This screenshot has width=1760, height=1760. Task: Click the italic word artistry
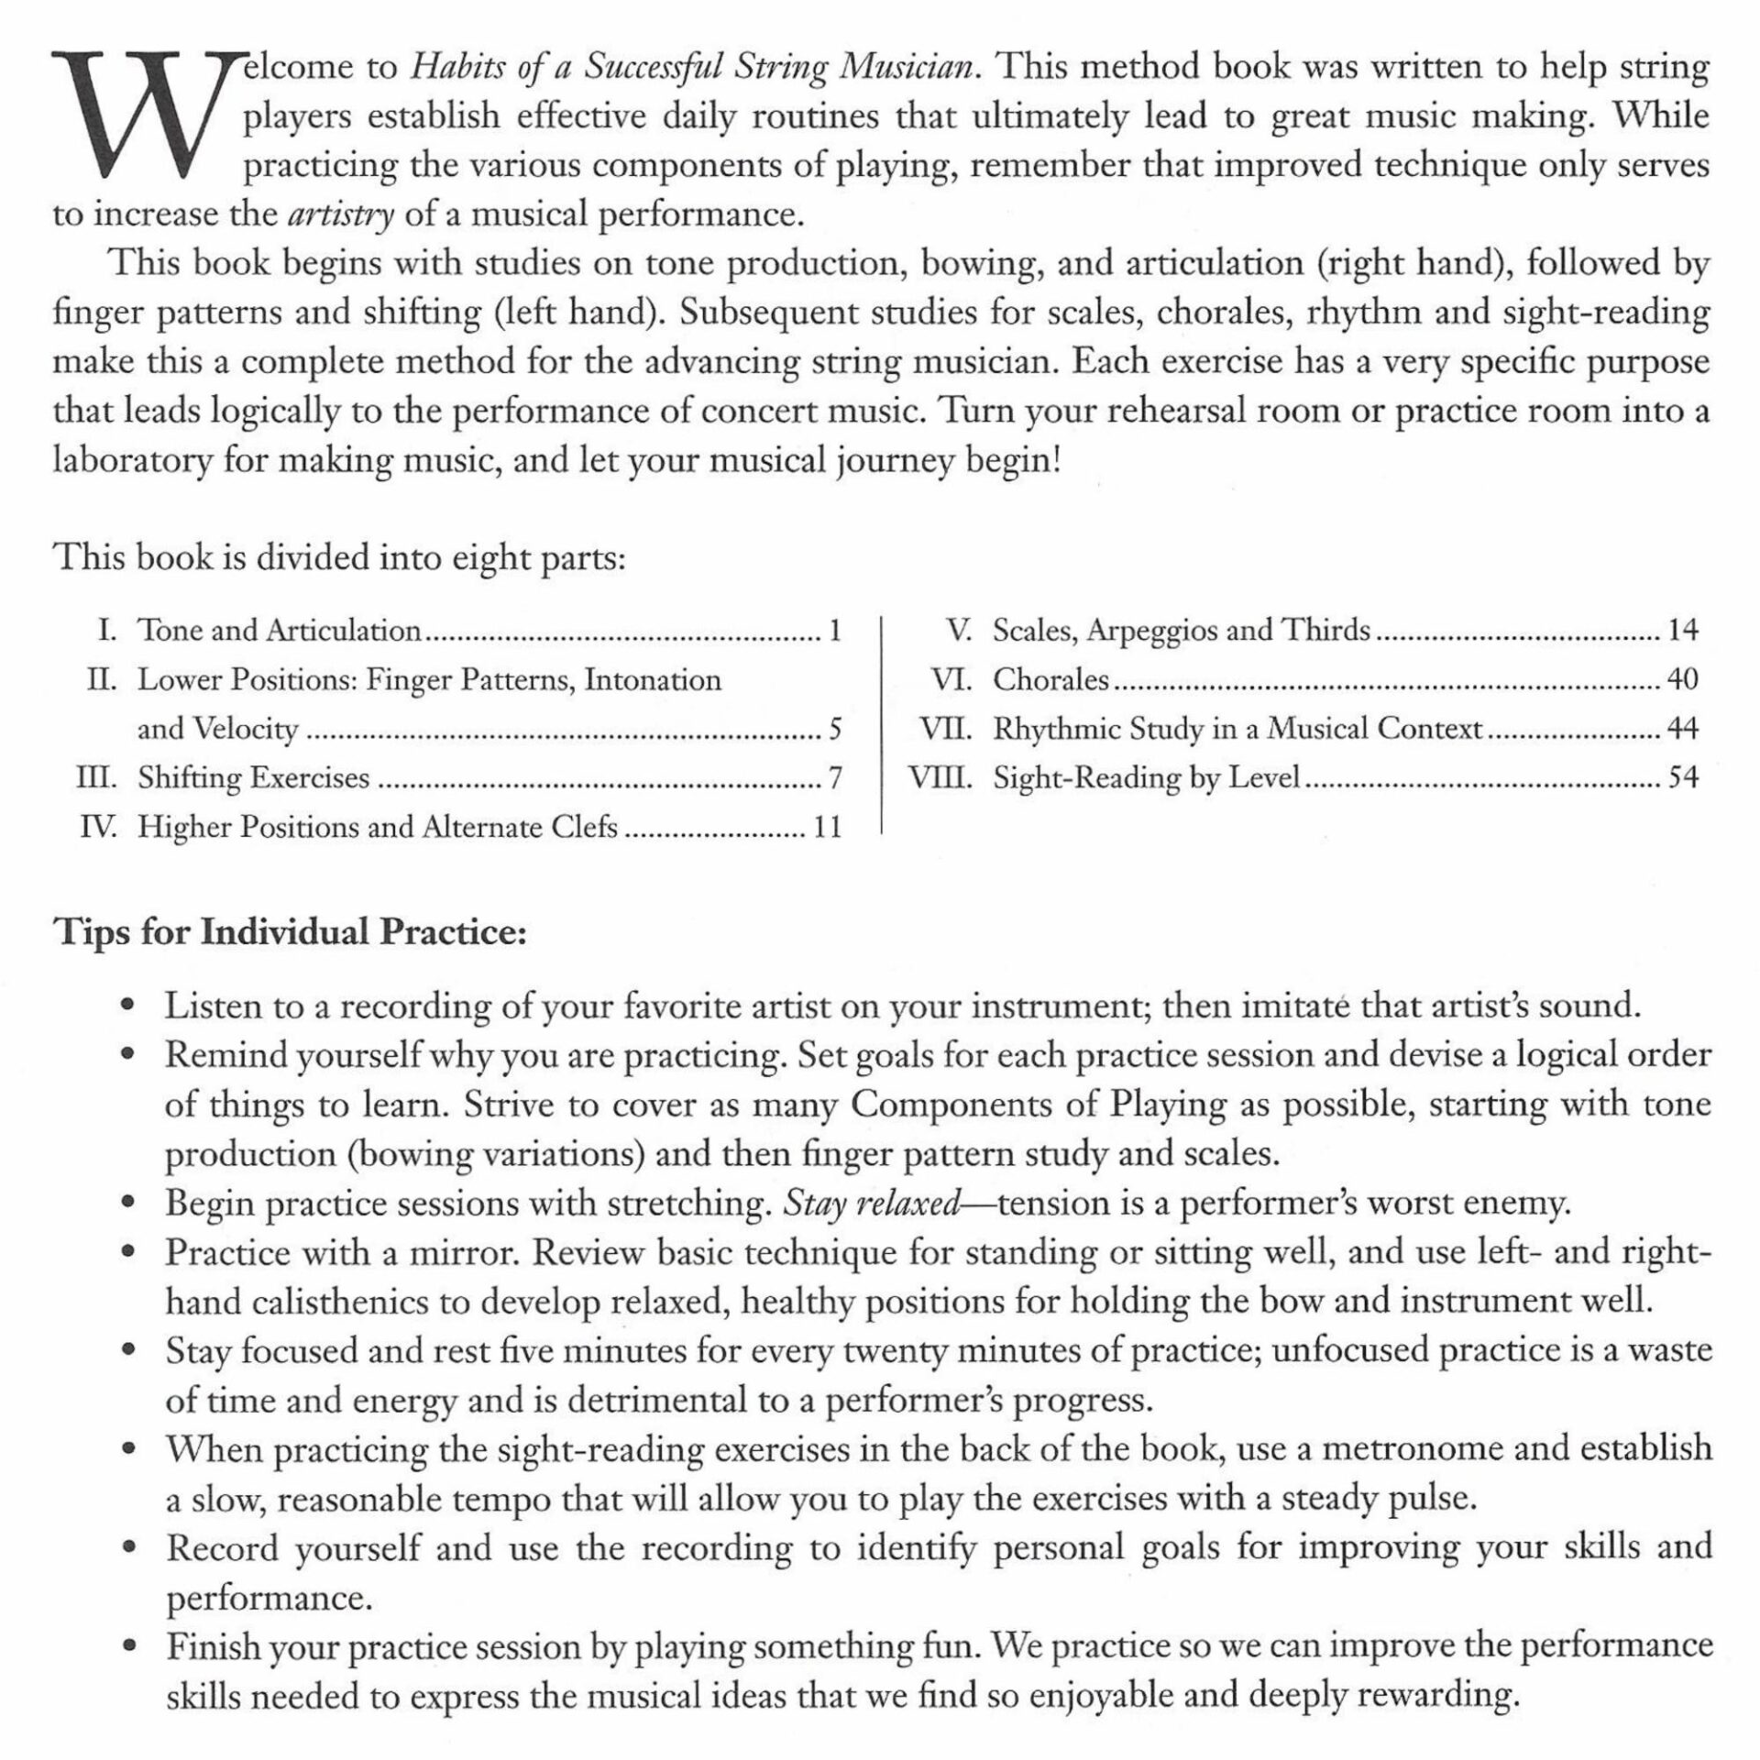click(340, 215)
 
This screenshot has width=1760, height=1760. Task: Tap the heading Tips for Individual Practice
click(291, 931)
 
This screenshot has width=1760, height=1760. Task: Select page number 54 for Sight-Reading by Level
click(1683, 778)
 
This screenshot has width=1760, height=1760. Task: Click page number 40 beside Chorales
click(1683, 679)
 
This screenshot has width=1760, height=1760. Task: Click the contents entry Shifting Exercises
click(253, 778)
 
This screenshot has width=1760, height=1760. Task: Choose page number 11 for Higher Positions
click(827, 828)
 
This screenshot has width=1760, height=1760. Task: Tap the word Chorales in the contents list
click(1050, 679)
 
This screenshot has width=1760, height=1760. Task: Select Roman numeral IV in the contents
click(98, 828)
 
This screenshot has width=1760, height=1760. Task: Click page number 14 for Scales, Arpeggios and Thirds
click(1683, 630)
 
